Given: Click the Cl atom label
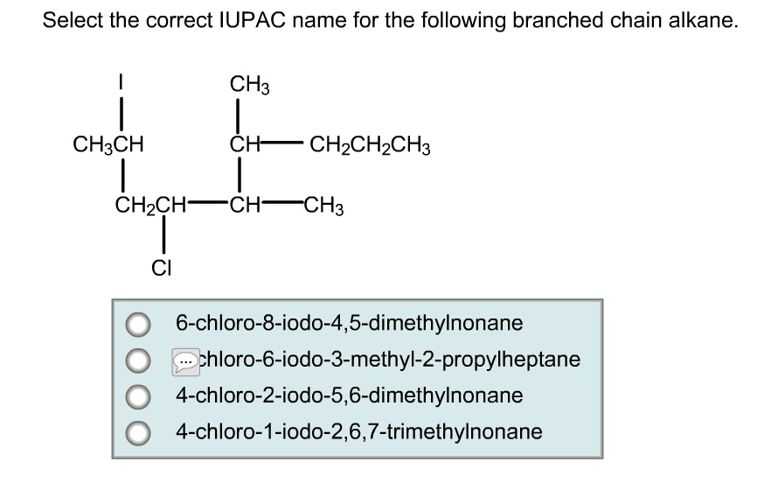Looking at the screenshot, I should [x=161, y=269].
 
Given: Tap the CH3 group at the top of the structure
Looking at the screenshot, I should [x=249, y=85].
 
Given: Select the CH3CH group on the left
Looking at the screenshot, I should [x=108, y=143].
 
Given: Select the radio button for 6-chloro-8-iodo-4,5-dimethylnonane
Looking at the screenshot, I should [x=136, y=325].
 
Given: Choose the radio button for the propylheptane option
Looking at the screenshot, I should [x=136, y=360].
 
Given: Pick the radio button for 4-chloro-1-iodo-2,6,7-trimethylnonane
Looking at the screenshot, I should [x=136, y=431].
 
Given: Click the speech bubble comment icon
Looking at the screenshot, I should [x=186, y=360].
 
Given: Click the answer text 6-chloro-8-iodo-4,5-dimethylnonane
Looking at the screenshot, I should [x=349, y=324].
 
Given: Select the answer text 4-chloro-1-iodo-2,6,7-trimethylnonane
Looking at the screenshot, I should [x=358, y=431].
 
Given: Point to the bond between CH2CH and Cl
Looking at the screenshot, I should [x=163, y=237].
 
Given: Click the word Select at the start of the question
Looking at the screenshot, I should [x=71, y=21].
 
